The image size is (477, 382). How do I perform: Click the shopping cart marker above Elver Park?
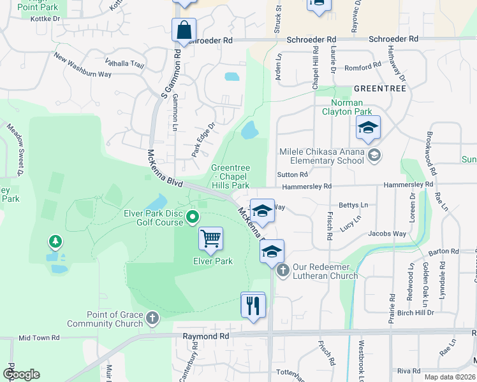pyautogui.click(x=210, y=239)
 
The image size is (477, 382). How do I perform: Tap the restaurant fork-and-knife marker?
pyautogui.click(x=253, y=306)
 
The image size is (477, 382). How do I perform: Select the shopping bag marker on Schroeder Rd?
pyautogui.click(x=184, y=31)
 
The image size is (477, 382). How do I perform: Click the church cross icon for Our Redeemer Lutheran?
pyautogui.click(x=283, y=270)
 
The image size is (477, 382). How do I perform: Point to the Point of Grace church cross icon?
pyautogui.click(x=152, y=317)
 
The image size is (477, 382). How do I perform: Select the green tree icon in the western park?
pyautogui.click(x=56, y=242)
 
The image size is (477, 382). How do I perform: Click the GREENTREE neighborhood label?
pyautogui.click(x=380, y=88)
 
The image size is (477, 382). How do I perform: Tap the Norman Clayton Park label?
pyautogui.click(x=347, y=107)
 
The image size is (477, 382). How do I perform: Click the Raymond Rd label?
pyautogui.click(x=205, y=336)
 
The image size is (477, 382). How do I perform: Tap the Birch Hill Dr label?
pyautogui.click(x=415, y=313)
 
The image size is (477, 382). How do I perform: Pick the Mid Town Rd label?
pyautogui.click(x=40, y=338)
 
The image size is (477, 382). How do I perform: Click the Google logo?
pyautogui.click(x=21, y=374)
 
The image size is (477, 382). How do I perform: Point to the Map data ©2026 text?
pyautogui.click(x=451, y=377)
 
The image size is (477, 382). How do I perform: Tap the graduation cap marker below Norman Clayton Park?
pyautogui.click(x=368, y=129)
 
